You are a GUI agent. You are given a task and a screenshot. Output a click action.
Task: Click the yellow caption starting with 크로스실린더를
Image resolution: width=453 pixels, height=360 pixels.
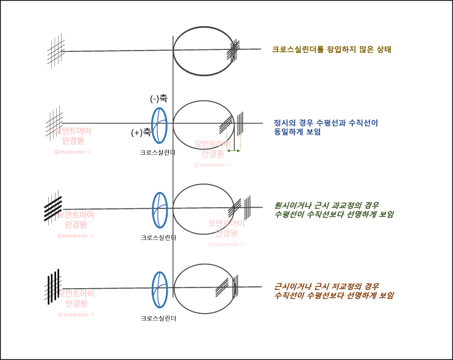(x=331, y=49)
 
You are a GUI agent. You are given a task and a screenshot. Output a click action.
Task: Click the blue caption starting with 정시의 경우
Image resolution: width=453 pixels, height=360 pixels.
(x=326, y=122)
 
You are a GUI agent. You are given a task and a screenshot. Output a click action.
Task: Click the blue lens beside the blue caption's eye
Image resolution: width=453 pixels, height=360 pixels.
(x=159, y=125)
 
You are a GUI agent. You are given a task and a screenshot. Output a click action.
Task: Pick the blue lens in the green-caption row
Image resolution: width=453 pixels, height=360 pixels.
(x=159, y=210)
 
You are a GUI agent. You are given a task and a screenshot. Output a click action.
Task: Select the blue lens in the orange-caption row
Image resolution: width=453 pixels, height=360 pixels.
(x=159, y=288)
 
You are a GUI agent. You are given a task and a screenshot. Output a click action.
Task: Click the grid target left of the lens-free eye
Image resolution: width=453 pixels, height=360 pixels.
(x=56, y=51)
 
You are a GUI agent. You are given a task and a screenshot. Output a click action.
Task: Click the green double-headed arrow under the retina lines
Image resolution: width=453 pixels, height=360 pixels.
(x=234, y=149)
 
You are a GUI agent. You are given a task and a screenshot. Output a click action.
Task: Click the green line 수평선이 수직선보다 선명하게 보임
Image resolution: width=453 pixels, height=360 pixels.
(x=334, y=214)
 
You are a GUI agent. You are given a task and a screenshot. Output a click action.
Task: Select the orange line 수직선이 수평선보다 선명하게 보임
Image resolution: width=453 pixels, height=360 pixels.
(x=334, y=295)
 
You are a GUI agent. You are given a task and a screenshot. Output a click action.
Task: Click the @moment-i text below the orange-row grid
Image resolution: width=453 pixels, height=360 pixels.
(x=76, y=314)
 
